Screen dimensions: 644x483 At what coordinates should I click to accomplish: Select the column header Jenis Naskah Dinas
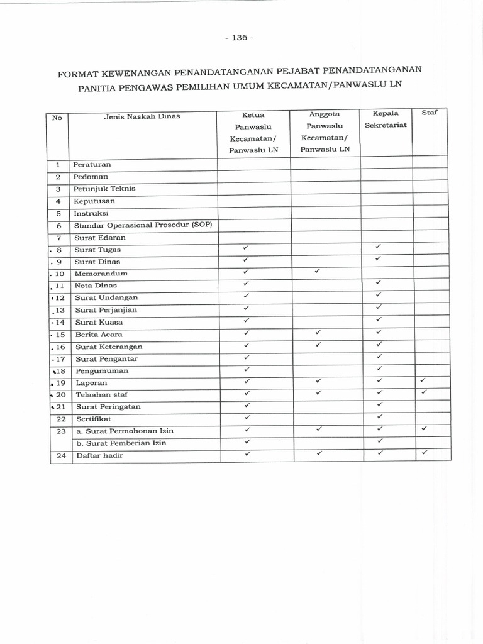click(142, 116)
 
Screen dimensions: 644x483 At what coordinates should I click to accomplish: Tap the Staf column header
click(430, 113)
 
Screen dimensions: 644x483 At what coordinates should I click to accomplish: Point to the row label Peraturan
click(92, 164)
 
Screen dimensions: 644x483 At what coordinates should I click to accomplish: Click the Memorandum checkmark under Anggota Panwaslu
click(318, 272)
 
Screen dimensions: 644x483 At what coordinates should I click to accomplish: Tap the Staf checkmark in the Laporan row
click(423, 380)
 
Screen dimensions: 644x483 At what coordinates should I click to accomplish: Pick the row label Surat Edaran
click(100, 238)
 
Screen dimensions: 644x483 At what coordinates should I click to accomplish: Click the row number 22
click(60, 418)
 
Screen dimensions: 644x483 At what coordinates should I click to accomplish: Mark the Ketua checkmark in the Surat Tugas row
click(247, 247)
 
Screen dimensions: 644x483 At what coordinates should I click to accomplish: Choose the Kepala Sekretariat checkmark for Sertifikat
click(379, 416)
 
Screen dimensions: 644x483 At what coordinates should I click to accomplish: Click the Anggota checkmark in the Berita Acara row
click(318, 332)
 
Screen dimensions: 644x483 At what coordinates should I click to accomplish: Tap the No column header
click(57, 118)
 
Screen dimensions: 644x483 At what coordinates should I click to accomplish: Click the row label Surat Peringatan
click(108, 407)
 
